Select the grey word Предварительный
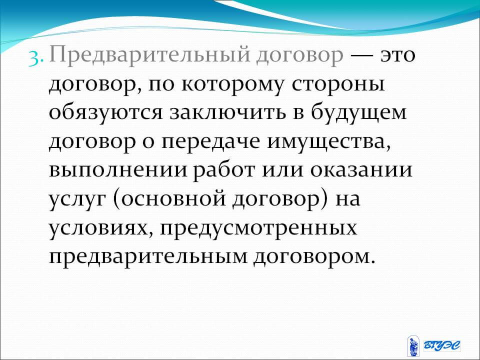(149, 55)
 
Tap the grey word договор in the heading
(299, 57)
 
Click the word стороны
(338, 84)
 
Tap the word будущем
(359, 112)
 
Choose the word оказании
(361, 170)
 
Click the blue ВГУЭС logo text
(441, 345)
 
